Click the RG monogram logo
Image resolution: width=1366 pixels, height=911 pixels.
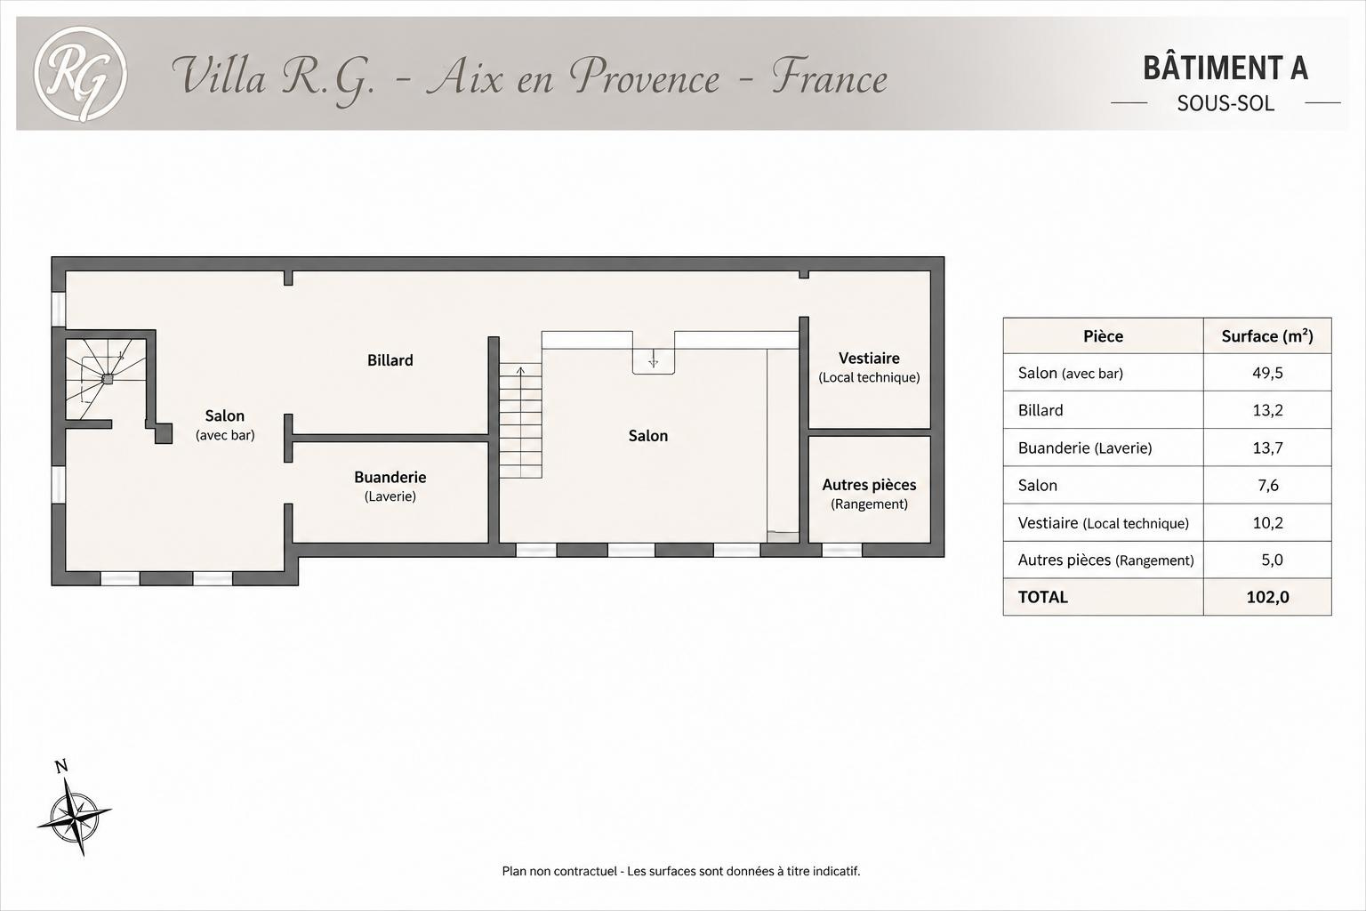80,74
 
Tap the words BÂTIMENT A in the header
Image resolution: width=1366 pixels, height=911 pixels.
1225,68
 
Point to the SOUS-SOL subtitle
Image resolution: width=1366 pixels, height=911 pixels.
1225,104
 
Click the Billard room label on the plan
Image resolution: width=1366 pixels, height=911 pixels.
390,360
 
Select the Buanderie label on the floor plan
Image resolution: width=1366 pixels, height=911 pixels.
390,477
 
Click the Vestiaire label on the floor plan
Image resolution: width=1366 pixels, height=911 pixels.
869,359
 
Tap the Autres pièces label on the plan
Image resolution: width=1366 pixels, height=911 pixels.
869,485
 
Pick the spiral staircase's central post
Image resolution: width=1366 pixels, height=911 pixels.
108,379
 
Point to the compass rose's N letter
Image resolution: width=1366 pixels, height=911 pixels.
61,766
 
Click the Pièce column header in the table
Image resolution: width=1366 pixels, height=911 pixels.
1103,336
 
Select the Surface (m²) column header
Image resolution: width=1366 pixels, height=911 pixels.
1267,336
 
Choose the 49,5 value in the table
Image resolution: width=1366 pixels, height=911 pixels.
1268,373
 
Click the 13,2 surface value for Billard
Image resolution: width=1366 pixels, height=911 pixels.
1268,410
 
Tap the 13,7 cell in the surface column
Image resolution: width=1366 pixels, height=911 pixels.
1268,447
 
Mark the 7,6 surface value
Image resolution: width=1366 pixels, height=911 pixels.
1268,485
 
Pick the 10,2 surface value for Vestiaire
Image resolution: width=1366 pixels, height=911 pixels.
1268,523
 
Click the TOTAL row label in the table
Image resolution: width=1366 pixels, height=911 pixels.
1043,597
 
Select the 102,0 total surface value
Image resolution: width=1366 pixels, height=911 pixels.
1268,597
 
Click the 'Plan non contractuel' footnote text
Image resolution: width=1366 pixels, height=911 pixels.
681,871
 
